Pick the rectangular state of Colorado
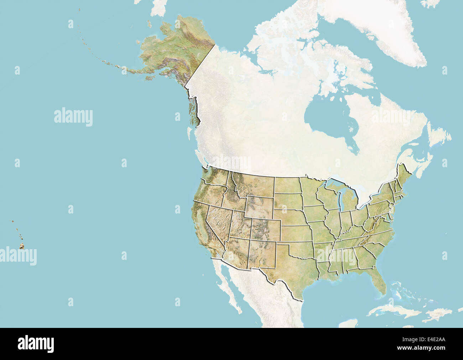point(266,228)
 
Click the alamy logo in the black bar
point(36,344)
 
